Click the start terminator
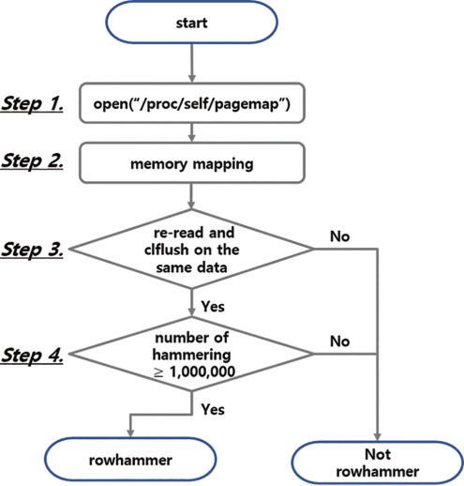[x=191, y=23]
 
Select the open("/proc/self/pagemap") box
[x=192, y=103]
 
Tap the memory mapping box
[x=192, y=162]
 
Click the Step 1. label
[x=32, y=103]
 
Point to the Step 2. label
[x=32, y=161]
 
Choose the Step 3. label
[x=32, y=250]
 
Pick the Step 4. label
[x=32, y=355]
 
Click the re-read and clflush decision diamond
[x=191, y=249]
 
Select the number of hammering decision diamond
[x=191, y=354]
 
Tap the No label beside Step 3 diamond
[x=339, y=236]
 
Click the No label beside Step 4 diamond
[x=339, y=342]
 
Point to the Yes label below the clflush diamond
[x=213, y=306]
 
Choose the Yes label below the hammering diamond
[x=213, y=409]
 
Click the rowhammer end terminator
[x=130, y=459]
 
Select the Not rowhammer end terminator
[x=378, y=463]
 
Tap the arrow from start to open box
[x=192, y=63]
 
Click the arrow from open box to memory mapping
[x=192, y=132]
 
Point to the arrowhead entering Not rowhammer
[x=378, y=437]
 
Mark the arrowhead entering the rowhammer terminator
[x=130, y=433]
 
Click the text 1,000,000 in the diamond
[x=202, y=372]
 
